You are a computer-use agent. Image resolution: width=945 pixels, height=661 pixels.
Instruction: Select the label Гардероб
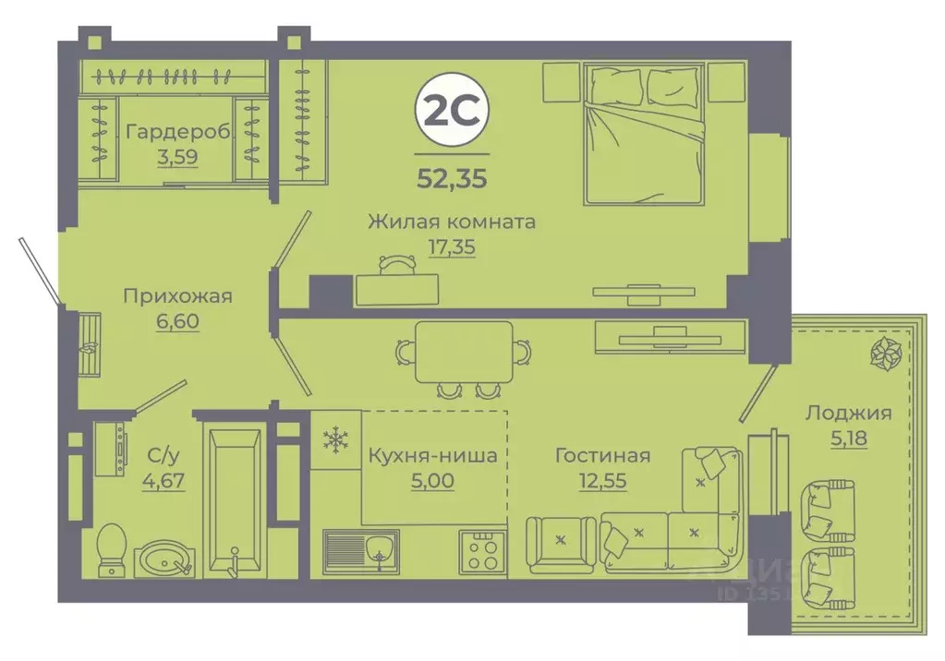click(179, 131)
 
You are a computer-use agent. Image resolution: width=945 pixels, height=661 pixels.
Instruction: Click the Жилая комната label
click(451, 222)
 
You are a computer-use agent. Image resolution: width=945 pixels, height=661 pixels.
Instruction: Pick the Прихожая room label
click(178, 296)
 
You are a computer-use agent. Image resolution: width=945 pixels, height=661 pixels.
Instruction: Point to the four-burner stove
click(483, 552)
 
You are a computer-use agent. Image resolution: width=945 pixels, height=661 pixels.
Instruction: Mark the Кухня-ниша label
click(432, 455)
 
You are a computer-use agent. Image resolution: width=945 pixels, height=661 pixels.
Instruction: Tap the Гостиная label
click(602, 455)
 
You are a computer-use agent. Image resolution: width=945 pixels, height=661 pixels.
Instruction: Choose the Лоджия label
click(847, 413)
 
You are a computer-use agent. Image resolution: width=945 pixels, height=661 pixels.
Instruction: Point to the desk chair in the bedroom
click(396, 264)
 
